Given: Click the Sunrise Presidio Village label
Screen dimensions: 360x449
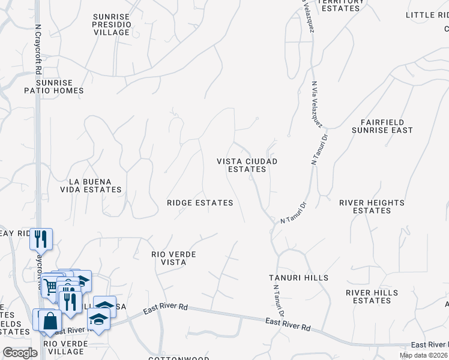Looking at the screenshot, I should tap(116, 24).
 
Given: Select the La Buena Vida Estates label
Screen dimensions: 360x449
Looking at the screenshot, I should tap(95, 185).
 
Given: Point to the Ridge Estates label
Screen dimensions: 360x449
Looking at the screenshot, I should tap(200, 203).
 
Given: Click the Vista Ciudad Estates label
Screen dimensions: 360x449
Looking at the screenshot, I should tap(247, 165).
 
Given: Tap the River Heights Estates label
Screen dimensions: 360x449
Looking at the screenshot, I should tap(372, 206).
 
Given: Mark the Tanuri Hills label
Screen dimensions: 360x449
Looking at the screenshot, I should tap(299, 277).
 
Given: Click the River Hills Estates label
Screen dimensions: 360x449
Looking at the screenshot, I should tap(372, 296).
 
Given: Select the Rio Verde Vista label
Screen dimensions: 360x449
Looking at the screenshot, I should tap(173, 258).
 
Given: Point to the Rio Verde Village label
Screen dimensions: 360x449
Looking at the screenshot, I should tap(65, 347).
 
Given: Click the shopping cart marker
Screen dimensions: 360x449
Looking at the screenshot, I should tap(51, 284).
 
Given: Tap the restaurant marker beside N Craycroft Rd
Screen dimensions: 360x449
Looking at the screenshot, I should tap(41, 239).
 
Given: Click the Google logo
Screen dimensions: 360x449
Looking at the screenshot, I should tap(20, 353).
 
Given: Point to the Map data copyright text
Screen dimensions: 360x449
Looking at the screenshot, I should tap(424, 355).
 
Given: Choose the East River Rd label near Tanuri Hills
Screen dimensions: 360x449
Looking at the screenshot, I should tap(288, 327).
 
